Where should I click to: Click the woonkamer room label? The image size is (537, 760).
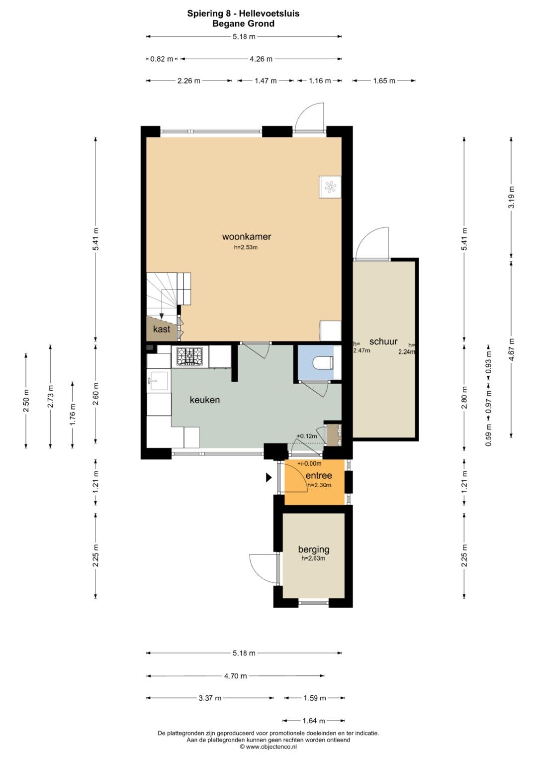point(247,236)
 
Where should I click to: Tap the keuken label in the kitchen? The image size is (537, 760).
point(205,400)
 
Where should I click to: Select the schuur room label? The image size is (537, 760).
point(383,341)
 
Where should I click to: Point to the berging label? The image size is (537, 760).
point(314,549)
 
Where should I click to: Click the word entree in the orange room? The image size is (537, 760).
point(318,476)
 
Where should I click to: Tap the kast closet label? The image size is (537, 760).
point(162,329)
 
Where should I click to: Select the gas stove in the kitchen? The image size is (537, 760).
point(189,356)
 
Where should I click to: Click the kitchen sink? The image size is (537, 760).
point(158,381)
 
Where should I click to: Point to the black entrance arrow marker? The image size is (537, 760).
point(268,478)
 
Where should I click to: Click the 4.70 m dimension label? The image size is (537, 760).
point(235,676)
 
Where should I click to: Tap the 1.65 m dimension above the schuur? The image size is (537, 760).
point(384,81)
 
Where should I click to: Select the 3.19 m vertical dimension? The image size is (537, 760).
point(511,198)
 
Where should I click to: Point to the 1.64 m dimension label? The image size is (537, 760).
point(314,721)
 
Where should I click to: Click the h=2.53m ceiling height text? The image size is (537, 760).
point(246,247)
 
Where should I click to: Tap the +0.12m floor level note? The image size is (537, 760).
point(307,436)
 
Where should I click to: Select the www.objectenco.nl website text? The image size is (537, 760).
point(271,747)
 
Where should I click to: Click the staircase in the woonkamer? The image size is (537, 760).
point(168,295)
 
